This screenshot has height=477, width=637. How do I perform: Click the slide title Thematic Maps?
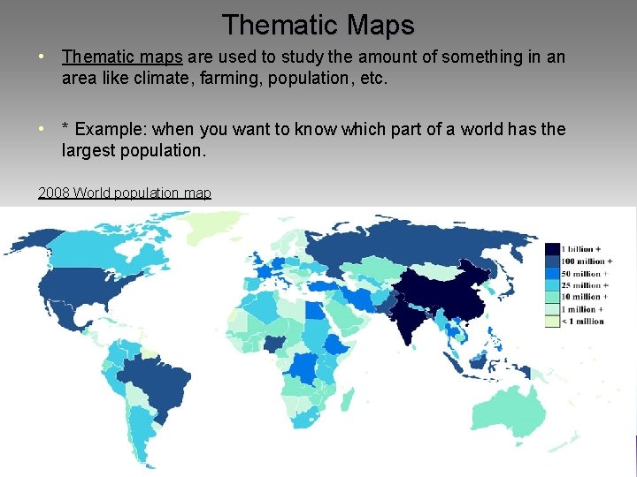(318, 24)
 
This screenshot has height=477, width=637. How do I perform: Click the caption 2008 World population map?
(125, 193)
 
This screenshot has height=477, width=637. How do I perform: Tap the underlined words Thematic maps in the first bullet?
(122, 57)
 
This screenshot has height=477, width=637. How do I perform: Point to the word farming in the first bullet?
(342, 78)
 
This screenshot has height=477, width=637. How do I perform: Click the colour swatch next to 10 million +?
(553, 298)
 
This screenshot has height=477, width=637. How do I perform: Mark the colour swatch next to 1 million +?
(553, 309)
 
